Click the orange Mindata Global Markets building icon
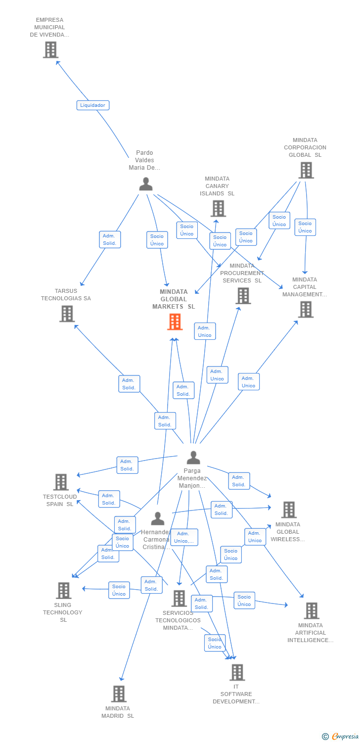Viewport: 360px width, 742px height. [175, 322]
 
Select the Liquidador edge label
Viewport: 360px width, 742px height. [92, 105]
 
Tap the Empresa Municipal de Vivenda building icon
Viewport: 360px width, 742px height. [50, 49]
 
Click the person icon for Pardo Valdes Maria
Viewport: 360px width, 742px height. [145, 184]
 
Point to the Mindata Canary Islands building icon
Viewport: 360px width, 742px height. [218, 208]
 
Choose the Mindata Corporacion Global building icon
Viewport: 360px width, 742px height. [306, 170]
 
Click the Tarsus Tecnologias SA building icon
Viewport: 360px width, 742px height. [67, 314]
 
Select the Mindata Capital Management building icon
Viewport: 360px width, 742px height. [306, 310]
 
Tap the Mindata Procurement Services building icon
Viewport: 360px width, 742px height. [243, 296]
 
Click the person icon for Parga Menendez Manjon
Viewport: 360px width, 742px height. [193, 458]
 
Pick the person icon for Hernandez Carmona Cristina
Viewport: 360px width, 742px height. [157, 518]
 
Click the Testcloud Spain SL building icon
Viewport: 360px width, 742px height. [61, 482]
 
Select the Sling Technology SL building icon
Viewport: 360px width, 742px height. [63, 590]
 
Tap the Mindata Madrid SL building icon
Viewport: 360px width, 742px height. [119, 694]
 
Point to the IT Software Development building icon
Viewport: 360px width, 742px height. [237, 672]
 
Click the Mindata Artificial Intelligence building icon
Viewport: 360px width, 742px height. [312, 611]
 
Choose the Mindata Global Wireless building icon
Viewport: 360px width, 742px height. [288, 510]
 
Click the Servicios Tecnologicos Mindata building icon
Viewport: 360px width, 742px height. [179, 598]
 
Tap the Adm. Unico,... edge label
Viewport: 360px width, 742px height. [184, 537]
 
